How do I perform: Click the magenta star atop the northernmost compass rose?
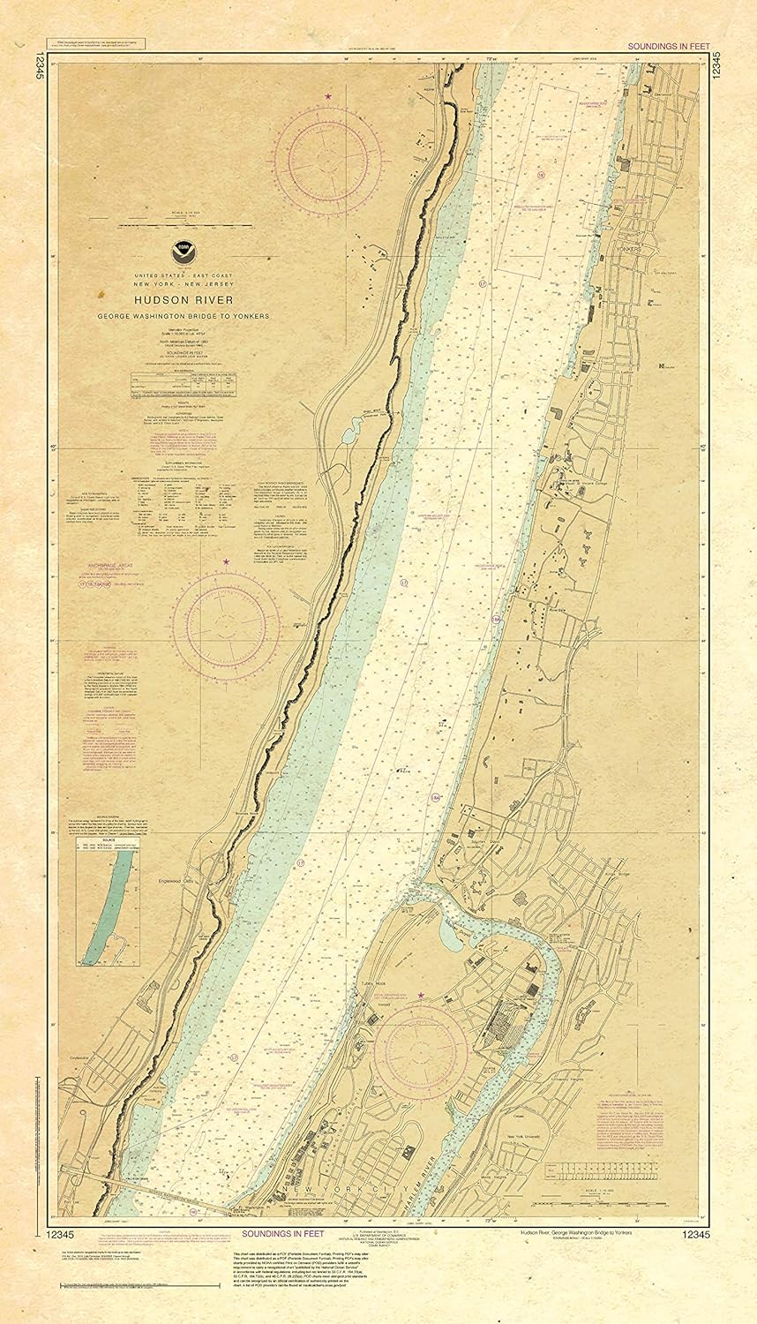(x=328, y=95)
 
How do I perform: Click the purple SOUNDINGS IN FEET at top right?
(x=662, y=44)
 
